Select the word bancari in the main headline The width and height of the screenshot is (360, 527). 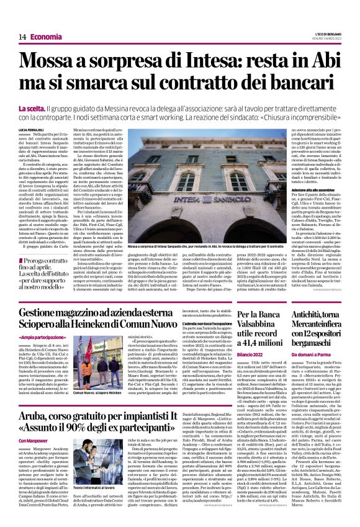coord(304,84)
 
